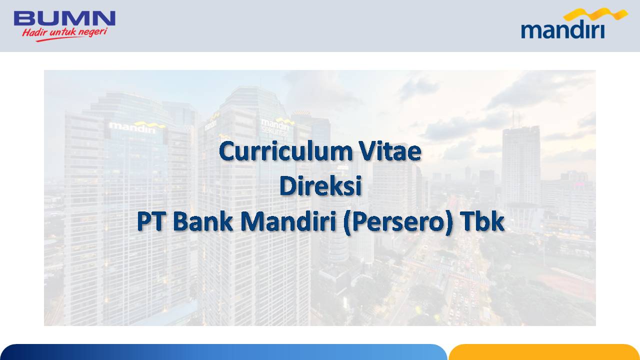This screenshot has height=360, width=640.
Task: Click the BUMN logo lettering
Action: pos(64,18)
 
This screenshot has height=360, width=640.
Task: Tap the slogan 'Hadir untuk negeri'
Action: pos(65,32)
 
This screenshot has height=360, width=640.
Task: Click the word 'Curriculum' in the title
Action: pos(286,151)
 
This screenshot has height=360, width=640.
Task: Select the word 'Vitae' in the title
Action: pos(390,151)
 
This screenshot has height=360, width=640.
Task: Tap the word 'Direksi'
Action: pos(320,185)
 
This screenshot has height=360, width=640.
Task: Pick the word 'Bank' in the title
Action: pos(203,221)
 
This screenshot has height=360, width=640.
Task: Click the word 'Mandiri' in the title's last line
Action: pos(288,221)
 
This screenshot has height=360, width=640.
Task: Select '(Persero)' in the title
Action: pos(398,223)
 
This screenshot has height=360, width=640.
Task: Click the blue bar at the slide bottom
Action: pos(223,352)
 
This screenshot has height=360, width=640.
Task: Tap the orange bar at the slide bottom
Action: pos(544,352)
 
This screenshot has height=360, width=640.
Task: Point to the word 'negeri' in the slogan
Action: pos(93,32)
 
